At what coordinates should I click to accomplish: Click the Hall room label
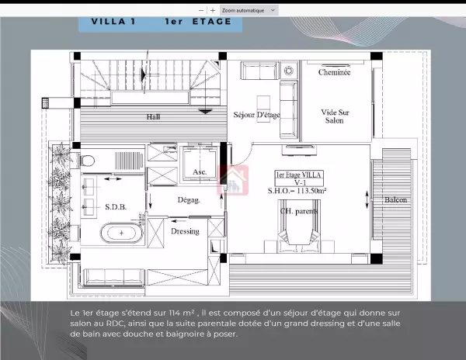pyautogui.click(x=153, y=116)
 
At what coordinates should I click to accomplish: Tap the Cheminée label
pyautogui.click(x=334, y=72)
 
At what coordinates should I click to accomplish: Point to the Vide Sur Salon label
pyautogui.click(x=335, y=116)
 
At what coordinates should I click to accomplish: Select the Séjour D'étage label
pyautogui.click(x=257, y=115)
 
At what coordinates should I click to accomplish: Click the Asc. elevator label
pyautogui.click(x=200, y=171)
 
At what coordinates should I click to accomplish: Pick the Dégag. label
pyautogui.click(x=189, y=200)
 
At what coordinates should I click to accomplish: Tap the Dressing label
pyautogui.click(x=185, y=231)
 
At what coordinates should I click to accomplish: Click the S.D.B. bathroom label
pyautogui.click(x=116, y=207)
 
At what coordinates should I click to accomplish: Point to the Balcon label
pyautogui.click(x=395, y=199)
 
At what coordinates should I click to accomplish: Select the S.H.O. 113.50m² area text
pyautogui.click(x=297, y=191)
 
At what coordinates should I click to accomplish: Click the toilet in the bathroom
pyautogui.click(x=87, y=161)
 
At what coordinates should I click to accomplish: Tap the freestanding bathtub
pyautogui.click(x=121, y=233)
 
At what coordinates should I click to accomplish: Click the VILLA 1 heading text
pyautogui.click(x=113, y=22)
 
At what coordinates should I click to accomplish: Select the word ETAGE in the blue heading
pyautogui.click(x=211, y=22)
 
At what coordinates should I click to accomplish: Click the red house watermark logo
pyautogui.click(x=233, y=180)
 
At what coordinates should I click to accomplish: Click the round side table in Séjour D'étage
pyautogui.click(x=289, y=71)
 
